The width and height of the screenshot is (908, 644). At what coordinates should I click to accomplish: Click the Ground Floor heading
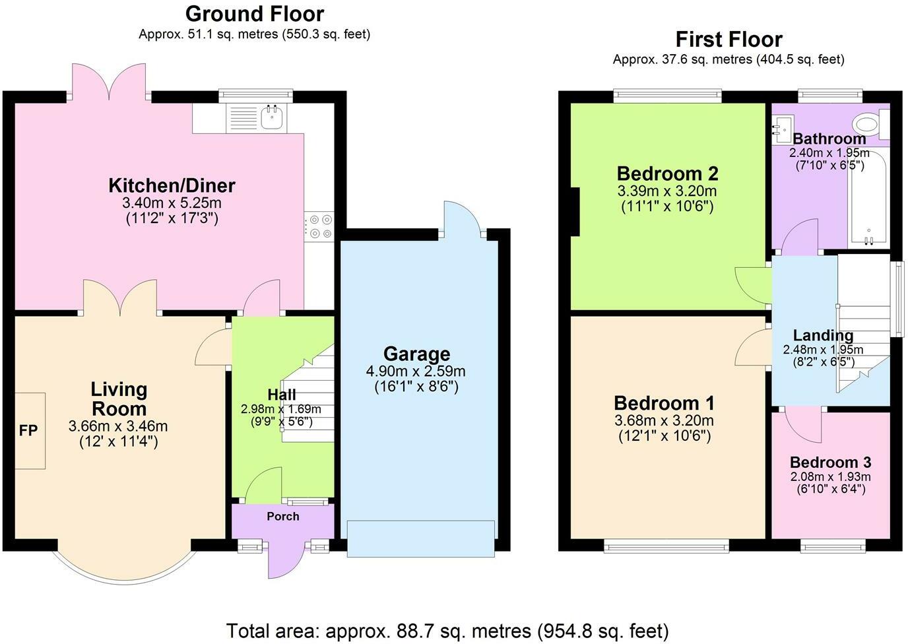(255, 14)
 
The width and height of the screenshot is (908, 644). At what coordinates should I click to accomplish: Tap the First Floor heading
(729, 40)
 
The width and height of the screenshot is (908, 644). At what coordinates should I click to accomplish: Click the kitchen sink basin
(272, 117)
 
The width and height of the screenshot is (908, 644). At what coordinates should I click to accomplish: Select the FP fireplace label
(28, 430)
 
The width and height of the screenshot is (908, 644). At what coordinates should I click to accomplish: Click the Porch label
(283, 517)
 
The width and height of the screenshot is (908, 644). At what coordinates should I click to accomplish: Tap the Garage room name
(416, 354)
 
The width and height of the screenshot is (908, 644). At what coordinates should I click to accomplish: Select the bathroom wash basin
(781, 129)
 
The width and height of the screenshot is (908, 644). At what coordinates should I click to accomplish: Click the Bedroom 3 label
(831, 462)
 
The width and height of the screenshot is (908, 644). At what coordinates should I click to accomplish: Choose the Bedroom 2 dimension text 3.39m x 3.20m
(667, 191)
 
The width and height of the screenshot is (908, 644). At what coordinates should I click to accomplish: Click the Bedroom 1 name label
(665, 403)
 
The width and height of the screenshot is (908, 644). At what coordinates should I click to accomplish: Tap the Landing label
(823, 336)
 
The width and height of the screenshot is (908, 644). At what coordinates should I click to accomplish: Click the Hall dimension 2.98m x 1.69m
(281, 409)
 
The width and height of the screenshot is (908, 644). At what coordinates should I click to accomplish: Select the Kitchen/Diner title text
(172, 185)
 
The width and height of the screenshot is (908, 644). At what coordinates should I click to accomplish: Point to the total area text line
(447, 631)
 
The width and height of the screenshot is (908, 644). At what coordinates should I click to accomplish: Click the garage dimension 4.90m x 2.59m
(416, 371)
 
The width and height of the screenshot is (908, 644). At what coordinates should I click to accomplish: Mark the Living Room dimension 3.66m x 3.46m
(118, 426)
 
